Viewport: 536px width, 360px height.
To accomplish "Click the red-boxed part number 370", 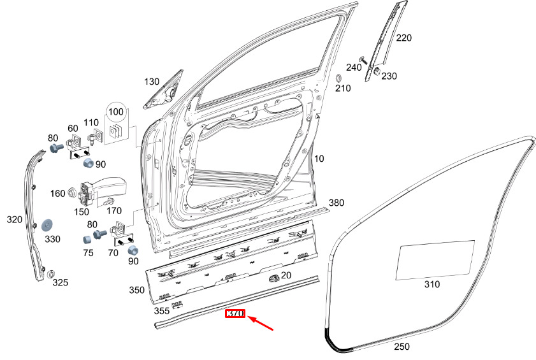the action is (235, 313).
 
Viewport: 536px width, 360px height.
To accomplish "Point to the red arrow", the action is (261, 324).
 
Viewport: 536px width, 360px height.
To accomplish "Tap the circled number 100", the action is (116, 112).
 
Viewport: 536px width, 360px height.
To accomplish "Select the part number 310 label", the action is (432, 284).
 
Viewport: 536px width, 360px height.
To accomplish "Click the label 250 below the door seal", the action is (402, 347).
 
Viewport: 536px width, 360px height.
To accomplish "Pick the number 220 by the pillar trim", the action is (403, 38).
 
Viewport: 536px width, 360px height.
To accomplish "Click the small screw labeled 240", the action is (363, 61).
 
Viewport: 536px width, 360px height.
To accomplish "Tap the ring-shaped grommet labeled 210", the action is (339, 78).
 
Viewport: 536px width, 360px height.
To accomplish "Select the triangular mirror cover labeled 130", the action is (163, 91).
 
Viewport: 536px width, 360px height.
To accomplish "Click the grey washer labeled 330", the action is (47, 226).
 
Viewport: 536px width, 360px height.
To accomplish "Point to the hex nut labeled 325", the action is (51, 274).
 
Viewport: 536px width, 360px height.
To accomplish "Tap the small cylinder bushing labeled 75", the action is (88, 239).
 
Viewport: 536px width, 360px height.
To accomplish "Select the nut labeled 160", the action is (72, 192).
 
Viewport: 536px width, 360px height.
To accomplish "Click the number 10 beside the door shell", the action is (319, 159).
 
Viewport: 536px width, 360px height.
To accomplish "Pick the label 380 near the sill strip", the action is (337, 203).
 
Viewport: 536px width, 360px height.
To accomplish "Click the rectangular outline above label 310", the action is (435, 260).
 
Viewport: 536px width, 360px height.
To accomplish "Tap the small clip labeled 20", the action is (274, 278).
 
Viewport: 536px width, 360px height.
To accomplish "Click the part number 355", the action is (162, 311).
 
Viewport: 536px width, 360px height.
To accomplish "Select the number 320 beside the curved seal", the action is (15, 219).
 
